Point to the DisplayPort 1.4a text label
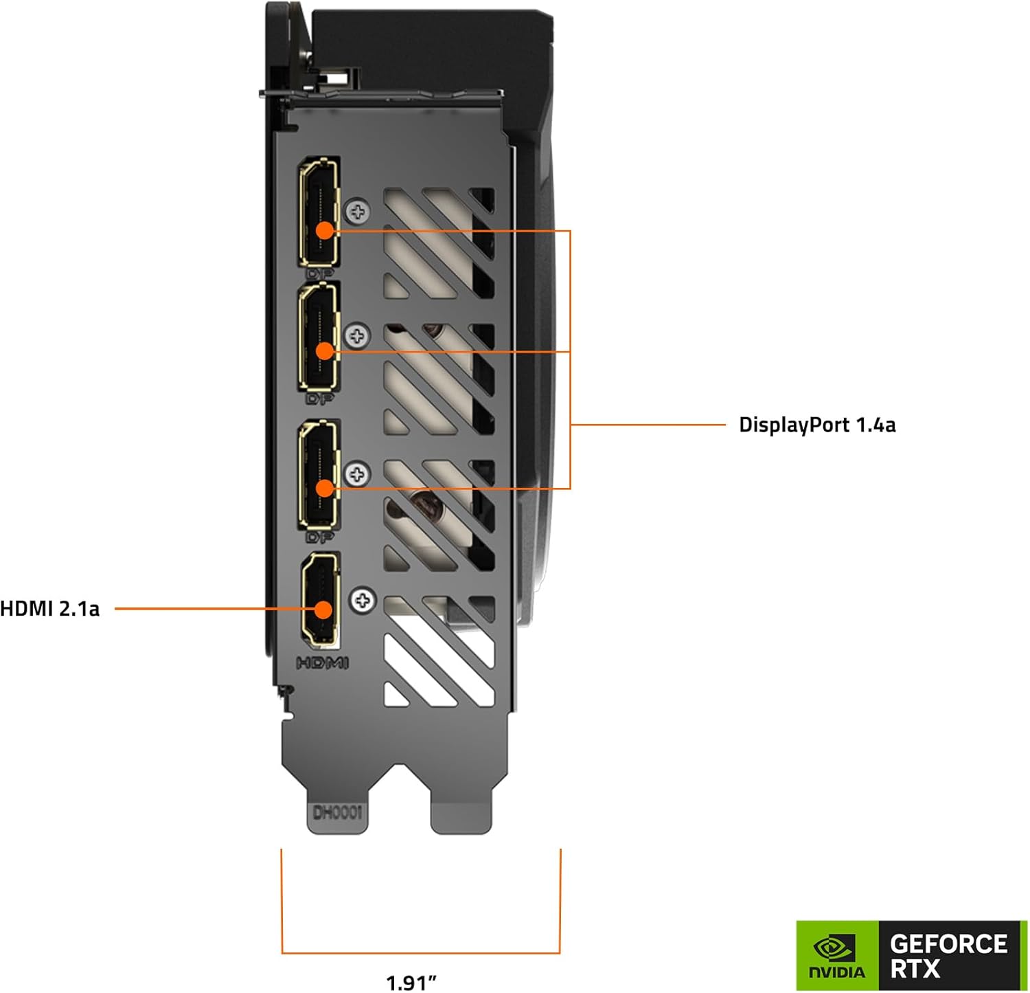pyautogui.click(x=817, y=425)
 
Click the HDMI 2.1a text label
pyautogui.click(x=49, y=609)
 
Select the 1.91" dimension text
pyautogui.click(x=411, y=983)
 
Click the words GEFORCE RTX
pyautogui.click(x=948, y=956)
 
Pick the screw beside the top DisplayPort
pyautogui.click(x=358, y=211)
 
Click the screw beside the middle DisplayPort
pyautogui.click(x=357, y=336)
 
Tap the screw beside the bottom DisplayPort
pyautogui.click(x=357, y=473)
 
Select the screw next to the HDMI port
pyautogui.click(x=363, y=601)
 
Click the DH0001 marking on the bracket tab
pyautogui.click(x=337, y=814)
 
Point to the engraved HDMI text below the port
pyautogui.click(x=323, y=663)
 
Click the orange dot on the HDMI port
pyautogui.click(x=323, y=609)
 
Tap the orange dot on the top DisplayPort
pyautogui.click(x=324, y=230)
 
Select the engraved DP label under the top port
pyautogui.click(x=320, y=274)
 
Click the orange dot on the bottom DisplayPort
pyautogui.click(x=324, y=488)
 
